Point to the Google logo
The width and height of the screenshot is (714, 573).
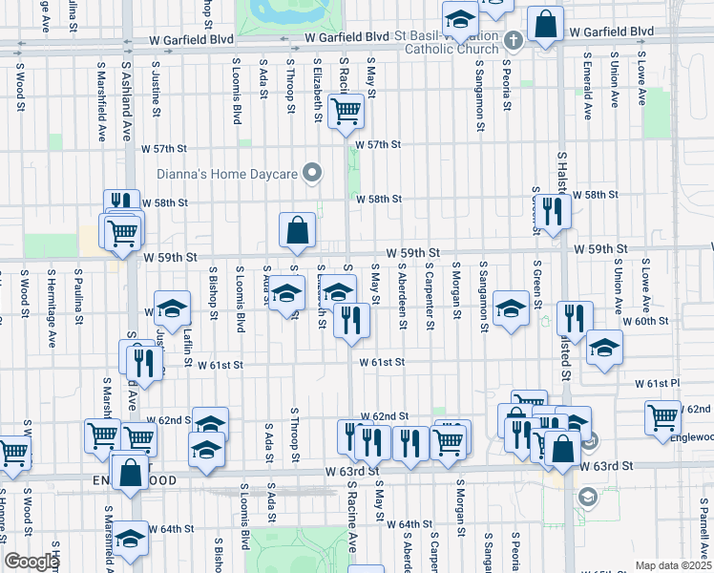31,562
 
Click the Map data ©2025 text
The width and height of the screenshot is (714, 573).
673,565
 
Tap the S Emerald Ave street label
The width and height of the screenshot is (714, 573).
589,92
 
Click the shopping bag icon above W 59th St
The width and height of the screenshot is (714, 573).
297,229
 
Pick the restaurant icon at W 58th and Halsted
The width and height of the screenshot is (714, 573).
553,210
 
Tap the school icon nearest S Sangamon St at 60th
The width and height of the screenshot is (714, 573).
512,308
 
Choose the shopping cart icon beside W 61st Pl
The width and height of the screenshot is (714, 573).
663,417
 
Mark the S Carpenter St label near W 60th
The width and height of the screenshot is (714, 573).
430,298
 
